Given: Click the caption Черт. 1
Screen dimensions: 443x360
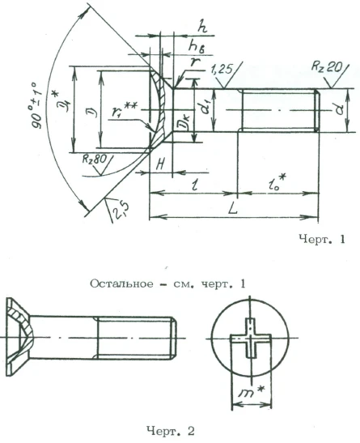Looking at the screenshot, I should pos(322,239).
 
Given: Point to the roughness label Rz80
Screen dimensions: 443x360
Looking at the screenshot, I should pos(95,160).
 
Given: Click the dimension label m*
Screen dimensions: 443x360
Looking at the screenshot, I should pos(252,394).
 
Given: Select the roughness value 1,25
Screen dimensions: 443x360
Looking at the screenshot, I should pos(220,72).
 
